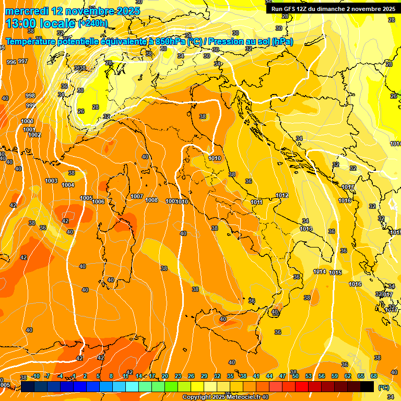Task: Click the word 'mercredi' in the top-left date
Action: (25, 11)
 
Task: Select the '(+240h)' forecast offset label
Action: (92, 23)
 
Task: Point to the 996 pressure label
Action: (11, 62)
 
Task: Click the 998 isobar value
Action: (30, 96)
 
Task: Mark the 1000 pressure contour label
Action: (27, 121)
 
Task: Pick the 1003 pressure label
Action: (51, 181)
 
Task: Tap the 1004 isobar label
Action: (68, 185)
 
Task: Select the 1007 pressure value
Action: (137, 196)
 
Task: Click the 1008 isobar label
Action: (151, 200)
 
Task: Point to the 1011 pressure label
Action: (256, 202)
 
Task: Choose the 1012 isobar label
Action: (282, 195)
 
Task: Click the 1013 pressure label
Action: (306, 229)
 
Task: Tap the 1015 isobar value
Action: (336, 273)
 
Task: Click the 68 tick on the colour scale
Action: (374, 376)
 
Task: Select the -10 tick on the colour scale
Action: (36, 376)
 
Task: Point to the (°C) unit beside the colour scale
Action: (383, 387)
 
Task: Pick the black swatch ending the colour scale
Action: (367, 386)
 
